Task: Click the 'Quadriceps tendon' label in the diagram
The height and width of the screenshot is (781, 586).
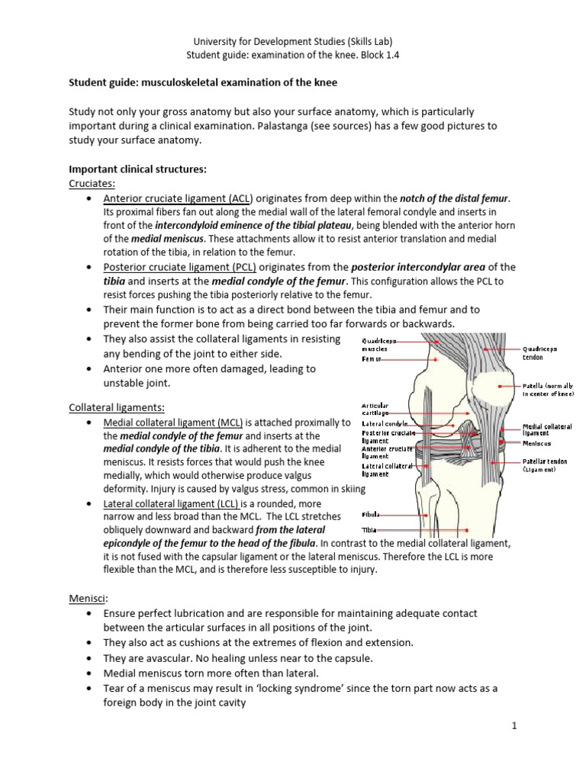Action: pyautogui.click(x=540, y=353)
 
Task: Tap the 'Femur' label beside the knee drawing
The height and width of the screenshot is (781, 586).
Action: pyautogui.click(x=372, y=358)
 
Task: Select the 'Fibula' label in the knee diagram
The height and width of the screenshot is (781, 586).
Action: pyautogui.click(x=371, y=516)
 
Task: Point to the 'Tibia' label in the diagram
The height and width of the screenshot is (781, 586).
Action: pyautogui.click(x=369, y=529)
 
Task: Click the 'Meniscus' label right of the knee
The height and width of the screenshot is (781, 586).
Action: pyautogui.click(x=537, y=443)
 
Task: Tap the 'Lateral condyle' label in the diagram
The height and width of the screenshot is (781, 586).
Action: pyautogui.click(x=385, y=423)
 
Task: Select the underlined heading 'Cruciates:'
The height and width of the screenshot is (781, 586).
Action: pyautogui.click(x=90, y=184)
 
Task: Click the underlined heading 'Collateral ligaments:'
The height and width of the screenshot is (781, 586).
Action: pyautogui.click(x=117, y=407)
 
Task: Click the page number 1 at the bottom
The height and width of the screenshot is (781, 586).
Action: pyautogui.click(x=515, y=726)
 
